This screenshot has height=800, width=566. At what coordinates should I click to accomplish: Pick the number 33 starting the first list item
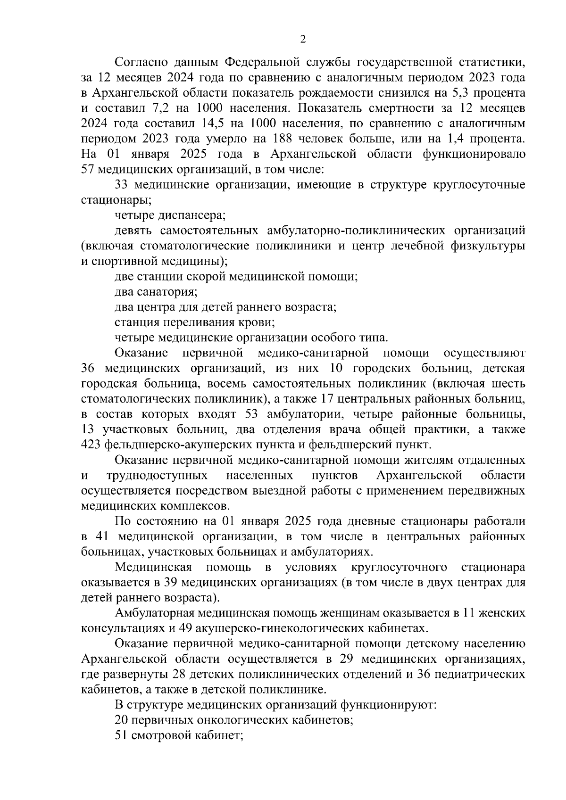coord(123,185)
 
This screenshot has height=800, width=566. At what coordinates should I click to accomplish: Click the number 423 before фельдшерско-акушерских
coord(92,445)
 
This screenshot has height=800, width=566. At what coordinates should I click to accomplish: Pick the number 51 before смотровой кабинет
coord(122,735)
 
